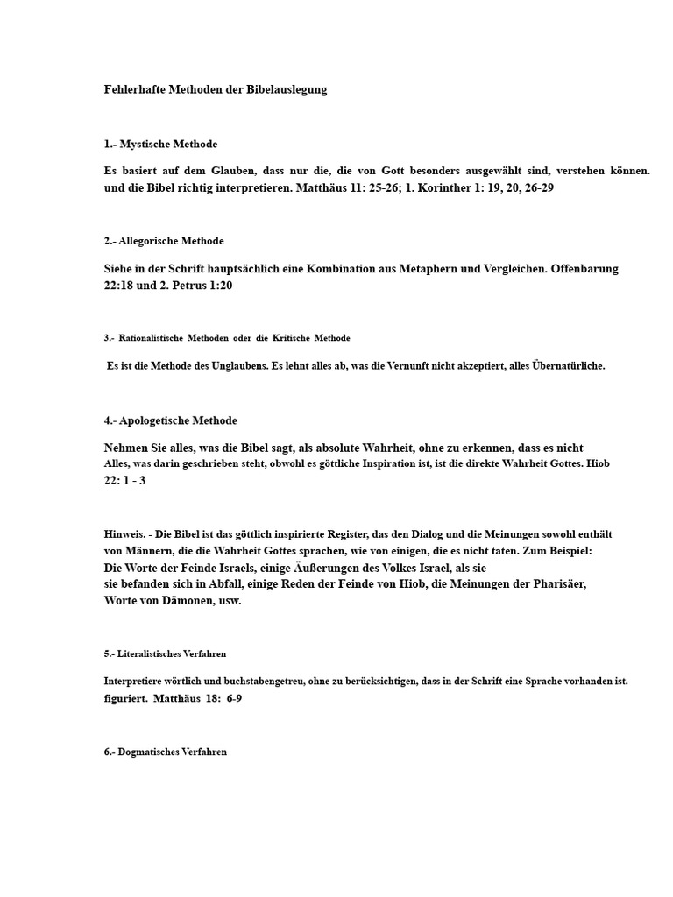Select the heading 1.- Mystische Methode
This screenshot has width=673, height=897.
(x=160, y=144)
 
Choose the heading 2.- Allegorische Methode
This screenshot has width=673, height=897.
(x=164, y=241)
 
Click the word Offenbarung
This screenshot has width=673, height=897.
(x=585, y=268)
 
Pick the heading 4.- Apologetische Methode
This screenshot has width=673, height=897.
(x=170, y=420)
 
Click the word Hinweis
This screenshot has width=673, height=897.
(x=124, y=533)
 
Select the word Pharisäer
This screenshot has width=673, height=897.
(x=555, y=583)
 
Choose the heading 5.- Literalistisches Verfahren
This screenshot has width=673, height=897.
(x=166, y=653)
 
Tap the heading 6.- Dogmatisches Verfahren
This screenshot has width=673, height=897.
(x=165, y=752)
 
